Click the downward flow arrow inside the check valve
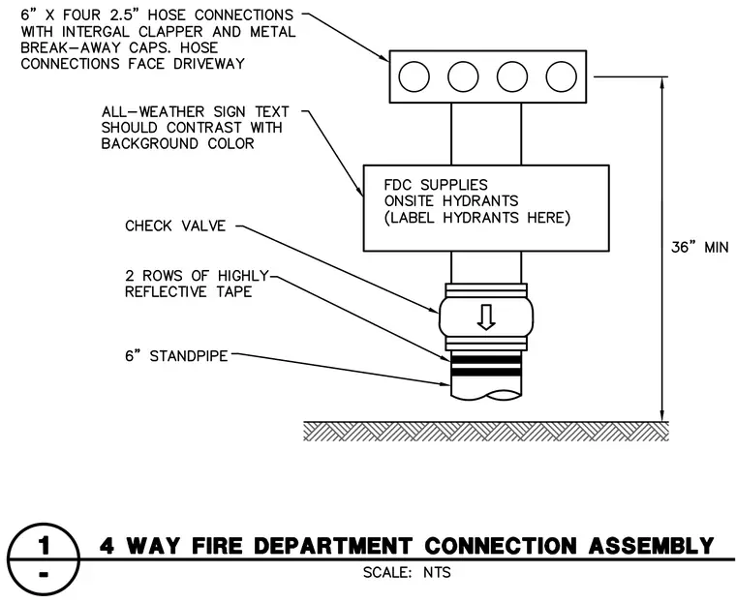(486, 317)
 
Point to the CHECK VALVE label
(175, 226)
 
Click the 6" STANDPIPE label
(176, 356)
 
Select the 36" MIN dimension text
(700, 248)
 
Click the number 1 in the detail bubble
(44, 545)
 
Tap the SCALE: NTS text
(407, 572)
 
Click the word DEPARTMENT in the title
(332, 546)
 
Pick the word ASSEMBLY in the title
(651, 546)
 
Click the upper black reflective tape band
(486, 359)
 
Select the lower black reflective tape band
(486, 372)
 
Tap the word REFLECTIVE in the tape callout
(166, 292)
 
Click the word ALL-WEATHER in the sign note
(153, 112)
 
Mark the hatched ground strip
(486, 432)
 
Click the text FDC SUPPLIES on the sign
(436, 185)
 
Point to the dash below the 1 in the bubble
(44, 575)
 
